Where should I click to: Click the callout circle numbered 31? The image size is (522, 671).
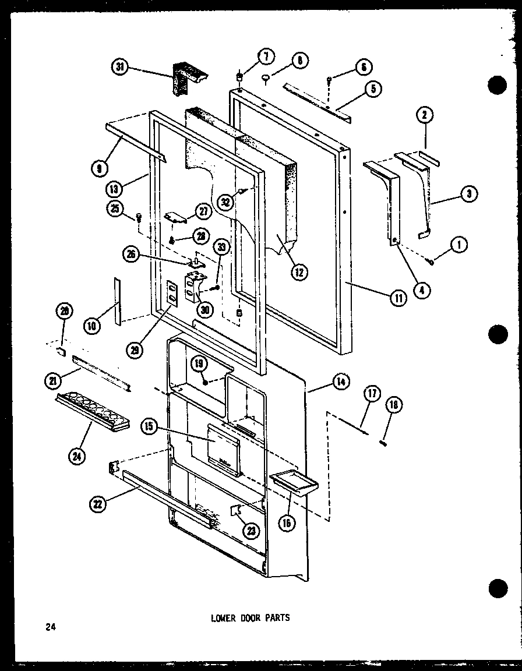pos(121,68)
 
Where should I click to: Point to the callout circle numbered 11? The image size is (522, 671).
pos(398,298)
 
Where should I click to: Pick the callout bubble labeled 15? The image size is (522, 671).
pos(149,426)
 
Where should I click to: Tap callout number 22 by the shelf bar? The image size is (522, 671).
pos(98,505)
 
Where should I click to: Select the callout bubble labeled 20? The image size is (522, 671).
pos(65,312)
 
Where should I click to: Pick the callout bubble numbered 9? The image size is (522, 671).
pos(99,169)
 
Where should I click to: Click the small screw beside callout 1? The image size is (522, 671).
pos(432,262)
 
